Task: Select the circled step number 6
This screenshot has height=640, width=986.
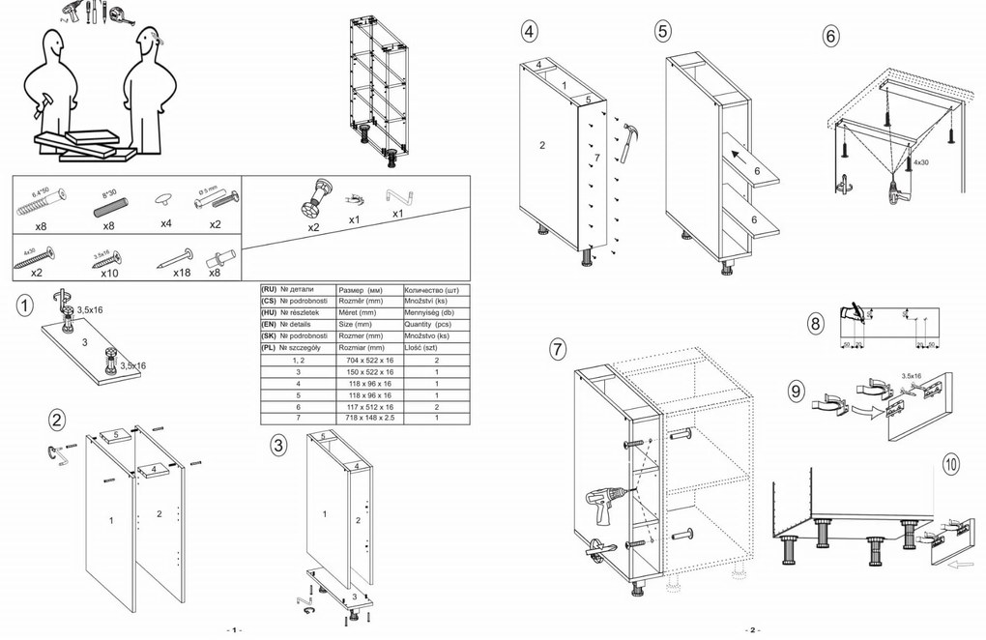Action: pos(830,36)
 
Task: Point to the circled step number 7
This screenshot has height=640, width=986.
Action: pos(557,349)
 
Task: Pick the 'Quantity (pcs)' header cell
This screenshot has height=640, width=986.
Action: pos(435,325)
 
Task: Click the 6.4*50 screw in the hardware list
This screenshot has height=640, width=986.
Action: pos(39,202)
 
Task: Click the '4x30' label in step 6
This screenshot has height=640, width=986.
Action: pos(918,163)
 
